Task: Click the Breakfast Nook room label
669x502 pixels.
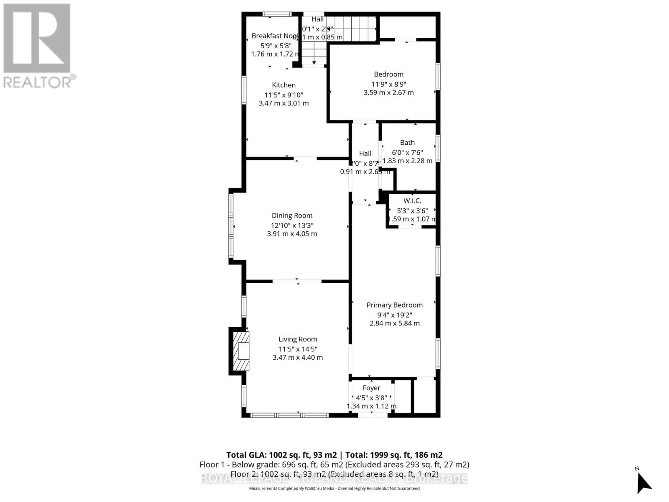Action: click(274, 36)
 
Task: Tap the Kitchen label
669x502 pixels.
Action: click(283, 85)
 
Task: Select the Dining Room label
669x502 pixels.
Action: click(292, 215)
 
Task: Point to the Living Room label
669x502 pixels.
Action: click(298, 339)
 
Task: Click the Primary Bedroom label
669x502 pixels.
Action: click(394, 305)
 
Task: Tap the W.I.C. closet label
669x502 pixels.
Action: click(412, 201)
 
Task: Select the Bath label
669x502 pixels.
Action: click(407, 143)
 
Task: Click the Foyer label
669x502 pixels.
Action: click(371, 388)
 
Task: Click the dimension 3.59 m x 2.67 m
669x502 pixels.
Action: click(388, 93)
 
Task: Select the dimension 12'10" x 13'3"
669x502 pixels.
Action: click(292, 225)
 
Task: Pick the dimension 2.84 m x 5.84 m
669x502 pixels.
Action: click(394, 323)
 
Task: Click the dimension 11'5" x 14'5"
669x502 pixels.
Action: click(298, 349)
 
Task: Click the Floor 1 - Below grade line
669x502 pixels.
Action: click(334, 464)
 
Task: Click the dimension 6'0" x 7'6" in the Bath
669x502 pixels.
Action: click(407, 153)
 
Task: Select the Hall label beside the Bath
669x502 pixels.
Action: click(365, 154)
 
